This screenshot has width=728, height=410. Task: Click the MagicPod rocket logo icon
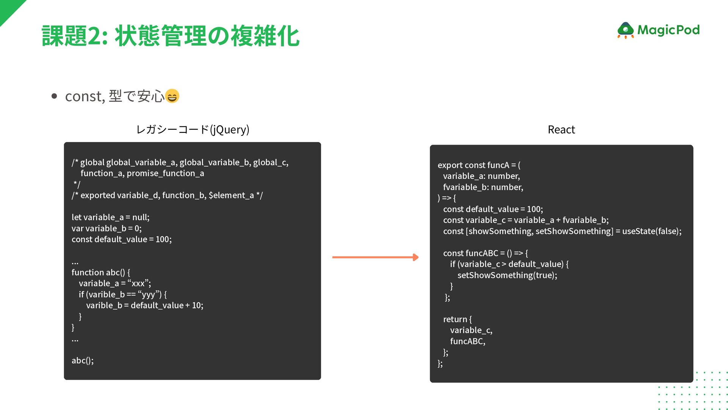[625, 30]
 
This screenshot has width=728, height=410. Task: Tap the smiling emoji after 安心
[172, 96]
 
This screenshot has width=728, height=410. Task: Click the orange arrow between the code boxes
[375, 257]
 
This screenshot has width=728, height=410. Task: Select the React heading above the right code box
[561, 130]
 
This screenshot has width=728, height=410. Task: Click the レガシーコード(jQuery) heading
[193, 130]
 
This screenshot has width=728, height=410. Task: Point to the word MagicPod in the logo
[668, 30]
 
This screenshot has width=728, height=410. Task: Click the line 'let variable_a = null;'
[110, 218]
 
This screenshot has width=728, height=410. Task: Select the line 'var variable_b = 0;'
[107, 229]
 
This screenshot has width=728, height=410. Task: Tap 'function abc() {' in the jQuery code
[101, 273]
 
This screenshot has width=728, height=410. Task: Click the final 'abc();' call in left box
[83, 361]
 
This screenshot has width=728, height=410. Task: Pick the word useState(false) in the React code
[651, 231]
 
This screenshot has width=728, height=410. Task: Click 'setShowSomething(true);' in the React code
[507, 275]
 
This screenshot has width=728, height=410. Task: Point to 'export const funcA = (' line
[479, 165]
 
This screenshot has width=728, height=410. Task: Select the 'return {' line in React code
[457, 319]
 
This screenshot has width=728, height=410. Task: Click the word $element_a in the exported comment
[231, 196]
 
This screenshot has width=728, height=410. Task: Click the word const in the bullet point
[83, 96]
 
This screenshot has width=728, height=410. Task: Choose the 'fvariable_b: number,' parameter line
[483, 187]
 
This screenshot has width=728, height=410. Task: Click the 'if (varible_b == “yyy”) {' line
[122, 295]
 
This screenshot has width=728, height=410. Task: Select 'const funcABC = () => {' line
[485, 253]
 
